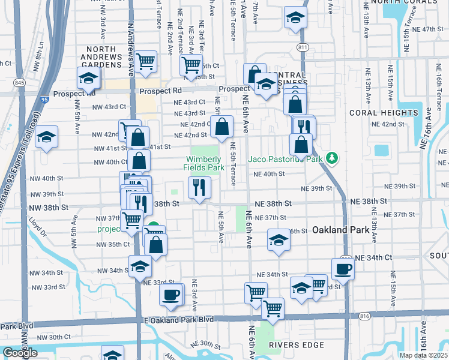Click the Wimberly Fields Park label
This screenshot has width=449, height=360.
pos(204,163)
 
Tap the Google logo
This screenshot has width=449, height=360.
pos(20,352)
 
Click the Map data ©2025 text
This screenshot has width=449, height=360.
pos(423,355)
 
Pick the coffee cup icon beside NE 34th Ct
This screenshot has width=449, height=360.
pos(343,268)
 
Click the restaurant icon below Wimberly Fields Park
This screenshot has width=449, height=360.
pos(200,187)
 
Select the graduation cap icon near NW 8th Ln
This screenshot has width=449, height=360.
pos(46,137)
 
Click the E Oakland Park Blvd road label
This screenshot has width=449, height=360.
pos(179,320)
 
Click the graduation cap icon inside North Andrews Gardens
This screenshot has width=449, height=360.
pos(88,78)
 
